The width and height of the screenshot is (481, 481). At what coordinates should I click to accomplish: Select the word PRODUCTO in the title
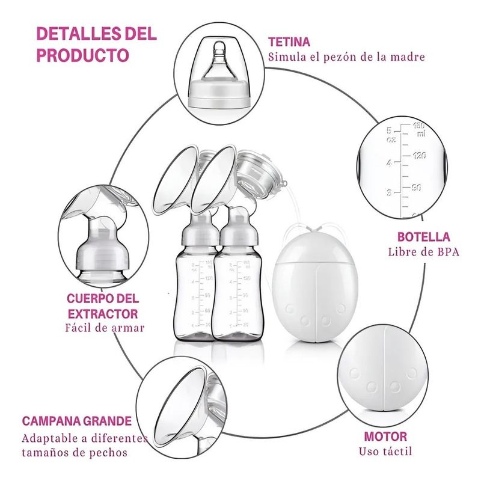click(x=82, y=55)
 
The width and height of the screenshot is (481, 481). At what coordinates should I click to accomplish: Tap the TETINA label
click(x=289, y=41)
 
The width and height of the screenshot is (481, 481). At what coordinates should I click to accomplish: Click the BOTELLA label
click(x=424, y=237)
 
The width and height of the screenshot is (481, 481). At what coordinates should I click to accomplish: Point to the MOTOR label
click(x=385, y=437)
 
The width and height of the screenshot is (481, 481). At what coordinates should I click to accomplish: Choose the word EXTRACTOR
click(x=103, y=314)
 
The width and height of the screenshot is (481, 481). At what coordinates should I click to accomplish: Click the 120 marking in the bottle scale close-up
click(x=419, y=156)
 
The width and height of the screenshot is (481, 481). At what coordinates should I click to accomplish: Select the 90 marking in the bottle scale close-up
click(x=415, y=188)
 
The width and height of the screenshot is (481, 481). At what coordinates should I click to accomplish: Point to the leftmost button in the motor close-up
click(x=355, y=373)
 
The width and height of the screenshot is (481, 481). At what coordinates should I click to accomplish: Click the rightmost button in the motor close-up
click(x=411, y=373)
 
